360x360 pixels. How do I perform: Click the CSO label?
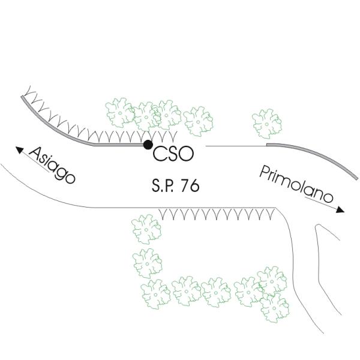point(173,154)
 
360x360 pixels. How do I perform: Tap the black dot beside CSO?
point(148,144)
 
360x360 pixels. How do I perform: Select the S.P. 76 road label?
point(175,186)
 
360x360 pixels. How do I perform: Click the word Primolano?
point(296,185)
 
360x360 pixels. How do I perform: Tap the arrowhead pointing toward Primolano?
point(340,210)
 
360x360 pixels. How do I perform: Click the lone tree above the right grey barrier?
point(267,122)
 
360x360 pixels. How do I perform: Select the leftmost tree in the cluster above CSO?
point(121,112)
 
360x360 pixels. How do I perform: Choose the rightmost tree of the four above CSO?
point(199,121)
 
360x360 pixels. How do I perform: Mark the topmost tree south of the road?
point(146,228)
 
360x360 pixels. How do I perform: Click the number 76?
point(190,186)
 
